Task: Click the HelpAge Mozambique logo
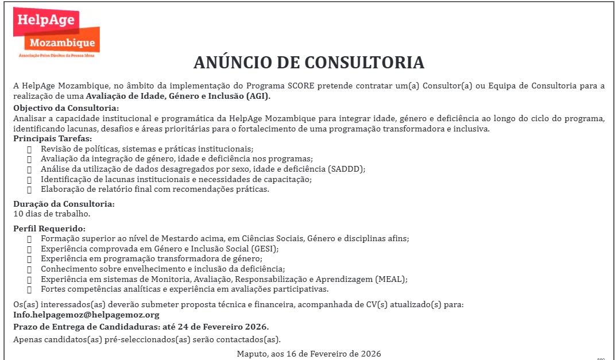[56, 32]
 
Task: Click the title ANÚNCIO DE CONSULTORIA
[308, 63]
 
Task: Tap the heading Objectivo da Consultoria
[66, 108]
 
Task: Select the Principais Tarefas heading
[52, 138]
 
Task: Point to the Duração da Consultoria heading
[64, 204]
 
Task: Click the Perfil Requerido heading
[49, 229]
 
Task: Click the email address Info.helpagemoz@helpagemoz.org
[86, 315]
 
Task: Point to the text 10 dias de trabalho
[52, 214]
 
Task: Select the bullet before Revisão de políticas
[29, 149]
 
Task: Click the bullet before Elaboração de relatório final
[29, 189]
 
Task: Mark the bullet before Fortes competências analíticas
[29, 289]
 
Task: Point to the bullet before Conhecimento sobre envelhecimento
[29, 269]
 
